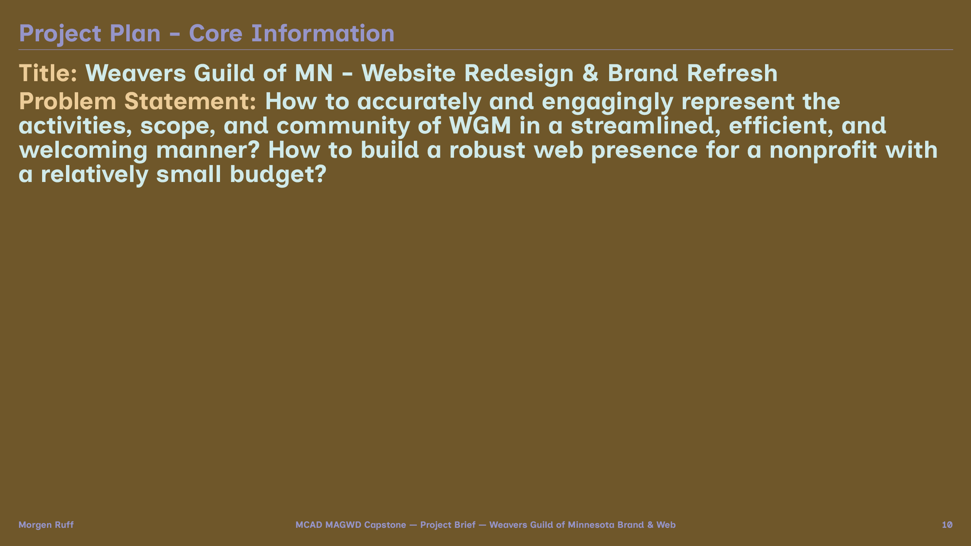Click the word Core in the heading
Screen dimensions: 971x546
click(215, 33)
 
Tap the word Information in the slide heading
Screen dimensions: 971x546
click(323, 33)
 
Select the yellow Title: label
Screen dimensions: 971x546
click(48, 73)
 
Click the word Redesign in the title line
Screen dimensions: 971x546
click(519, 74)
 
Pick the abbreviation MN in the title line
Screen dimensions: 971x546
click(314, 73)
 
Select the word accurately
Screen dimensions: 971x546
click(419, 102)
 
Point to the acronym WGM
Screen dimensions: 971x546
click(480, 126)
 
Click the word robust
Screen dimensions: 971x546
click(487, 150)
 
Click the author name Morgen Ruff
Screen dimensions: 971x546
click(46, 525)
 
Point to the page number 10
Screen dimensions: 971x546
click(947, 525)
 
